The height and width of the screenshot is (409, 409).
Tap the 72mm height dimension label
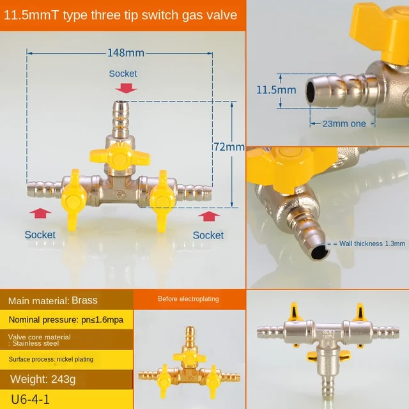pyautogui.click(x=229, y=147)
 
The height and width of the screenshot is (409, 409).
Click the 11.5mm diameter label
pyautogui.click(x=276, y=90)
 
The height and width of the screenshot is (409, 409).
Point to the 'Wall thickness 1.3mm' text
pyautogui.click(x=369, y=243)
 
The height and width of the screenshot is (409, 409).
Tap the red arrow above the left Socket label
pyautogui.click(x=40, y=215)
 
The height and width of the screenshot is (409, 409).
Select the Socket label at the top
pyautogui.click(x=123, y=73)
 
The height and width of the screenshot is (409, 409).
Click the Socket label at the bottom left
pyautogui.click(x=40, y=235)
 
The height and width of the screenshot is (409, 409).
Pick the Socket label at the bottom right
pyautogui.click(x=208, y=235)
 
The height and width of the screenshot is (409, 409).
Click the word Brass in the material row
pyautogui.click(x=84, y=299)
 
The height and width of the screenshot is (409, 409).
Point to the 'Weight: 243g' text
pyautogui.click(x=42, y=380)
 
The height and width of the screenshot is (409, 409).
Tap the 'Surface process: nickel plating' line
pyautogui.click(x=51, y=359)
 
